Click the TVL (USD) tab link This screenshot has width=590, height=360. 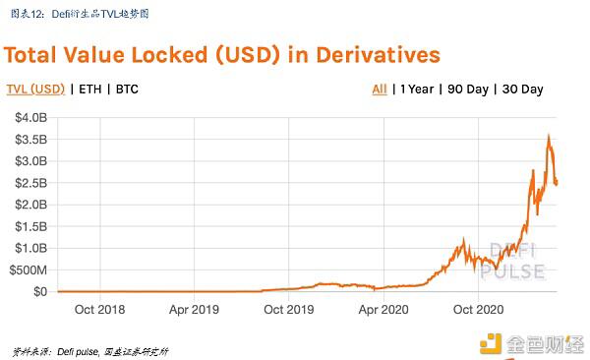click(34, 90)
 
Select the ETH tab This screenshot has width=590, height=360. click(90, 90)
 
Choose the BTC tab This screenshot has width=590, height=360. click(127, 90)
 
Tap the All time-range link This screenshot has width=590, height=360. click(379, 90)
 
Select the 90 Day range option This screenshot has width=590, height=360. click(468, 90)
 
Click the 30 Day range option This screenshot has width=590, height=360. click(521, 90)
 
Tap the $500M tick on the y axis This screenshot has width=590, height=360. click(27, 270)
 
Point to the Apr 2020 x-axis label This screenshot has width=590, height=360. click(382, 309)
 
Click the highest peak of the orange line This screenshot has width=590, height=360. click(548, 136)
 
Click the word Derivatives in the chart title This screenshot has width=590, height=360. click(362, 53)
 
